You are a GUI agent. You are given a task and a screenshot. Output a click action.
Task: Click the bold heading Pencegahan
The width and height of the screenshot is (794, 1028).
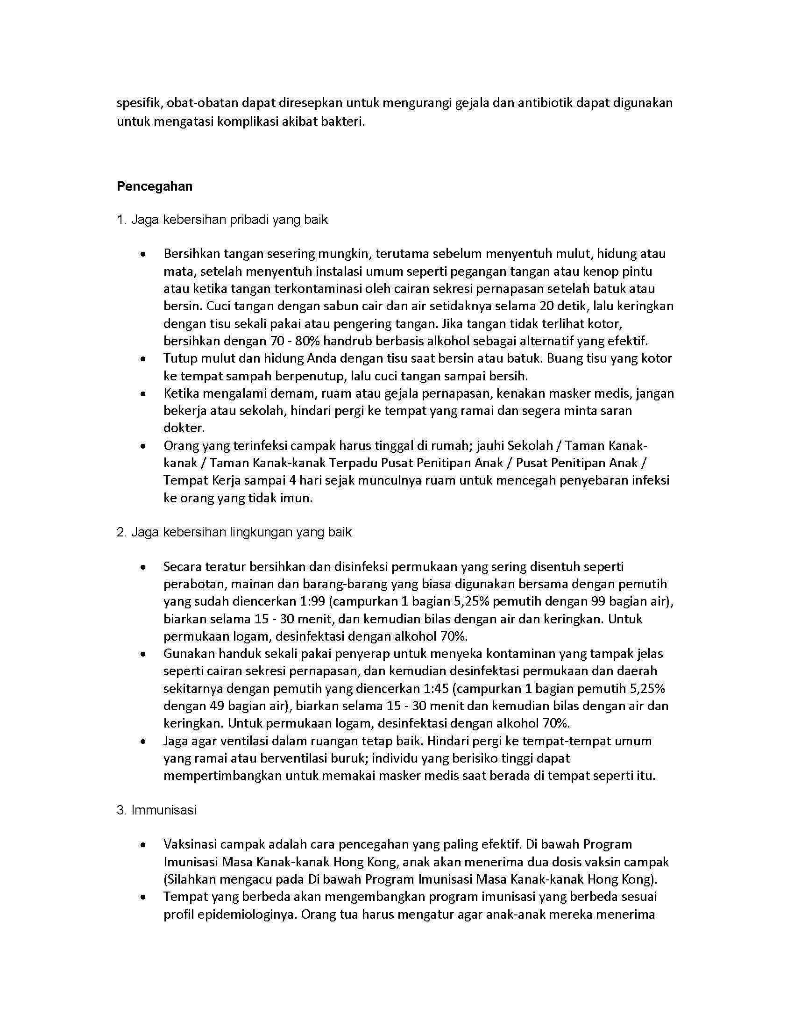[x=154, y=186]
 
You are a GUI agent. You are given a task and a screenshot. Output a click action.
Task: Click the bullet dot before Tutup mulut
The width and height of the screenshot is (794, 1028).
[x=142, y=359]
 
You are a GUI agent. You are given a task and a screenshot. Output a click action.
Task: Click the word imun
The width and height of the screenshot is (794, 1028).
[x=298, y=498]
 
